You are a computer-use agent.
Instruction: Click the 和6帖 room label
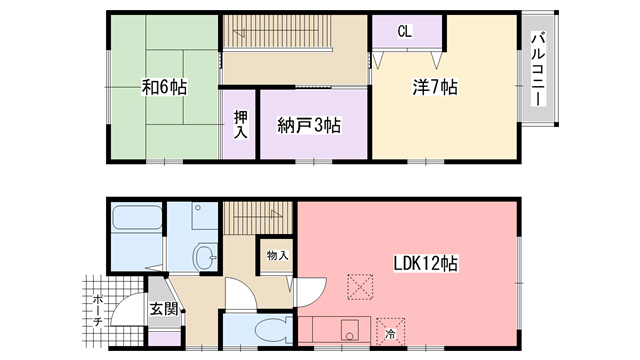point(164,88)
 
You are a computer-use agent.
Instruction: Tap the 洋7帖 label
point(434,88)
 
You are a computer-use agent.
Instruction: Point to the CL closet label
point(404,31)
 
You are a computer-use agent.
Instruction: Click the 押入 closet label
point(241,124)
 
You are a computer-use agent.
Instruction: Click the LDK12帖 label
point(424,264)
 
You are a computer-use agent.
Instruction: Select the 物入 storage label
point(277,256)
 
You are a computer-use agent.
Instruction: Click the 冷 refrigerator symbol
point(389,334)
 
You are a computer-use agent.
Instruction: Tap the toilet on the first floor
point(270,329)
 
